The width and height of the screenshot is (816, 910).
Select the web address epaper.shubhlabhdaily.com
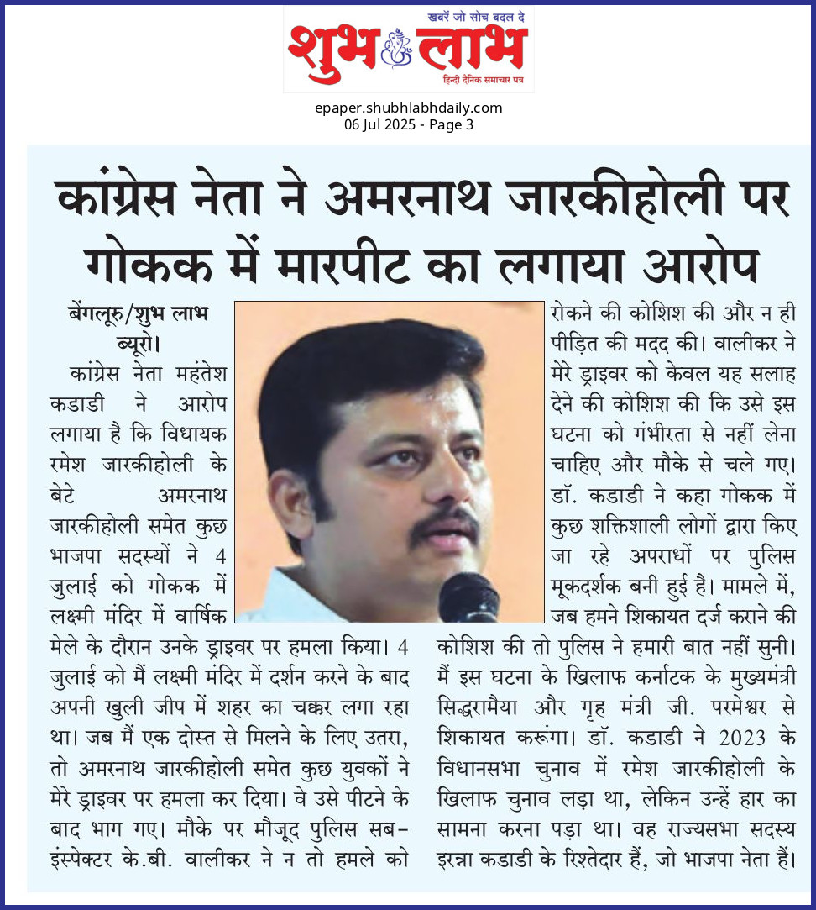point(409,108)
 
